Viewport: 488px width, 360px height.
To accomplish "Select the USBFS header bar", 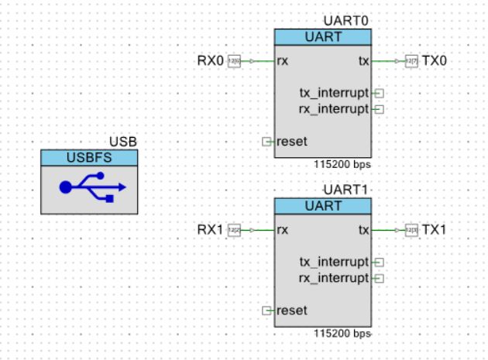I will pyautogui.click(x=89, y=158).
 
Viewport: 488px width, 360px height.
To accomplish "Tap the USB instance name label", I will pyautogui.click(x=123, y=142).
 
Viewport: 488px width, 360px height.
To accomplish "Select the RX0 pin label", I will pyautogui.click(x=210, y=60).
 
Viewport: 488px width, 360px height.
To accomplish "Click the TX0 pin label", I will pyautogui.click(x=435, y=60).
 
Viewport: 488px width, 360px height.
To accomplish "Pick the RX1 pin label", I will pyautogui.click(x=210, y=229).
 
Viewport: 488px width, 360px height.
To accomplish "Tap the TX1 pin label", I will pyautogui.click(x=435, y=229).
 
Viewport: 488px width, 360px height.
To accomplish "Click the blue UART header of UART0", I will pyautogui.click(x=323, y=37).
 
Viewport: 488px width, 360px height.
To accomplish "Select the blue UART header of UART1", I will pyautogui.click(x=323, y=206).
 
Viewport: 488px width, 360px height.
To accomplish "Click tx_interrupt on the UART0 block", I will pyautogui.click(x=334, y=93).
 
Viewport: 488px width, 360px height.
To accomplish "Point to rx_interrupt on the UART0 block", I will pyautogui.click(x=334, y=109).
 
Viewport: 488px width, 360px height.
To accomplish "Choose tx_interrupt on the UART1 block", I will pyautogui.click(x=334, y=262).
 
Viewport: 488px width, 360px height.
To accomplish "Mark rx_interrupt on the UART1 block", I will pyautogui.click(x=334, y=278).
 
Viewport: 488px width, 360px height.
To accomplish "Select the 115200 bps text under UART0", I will pyautogui.click(x=342, y=165).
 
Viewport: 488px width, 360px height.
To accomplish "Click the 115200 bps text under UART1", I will pyautogui.click(x=342, y=334).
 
